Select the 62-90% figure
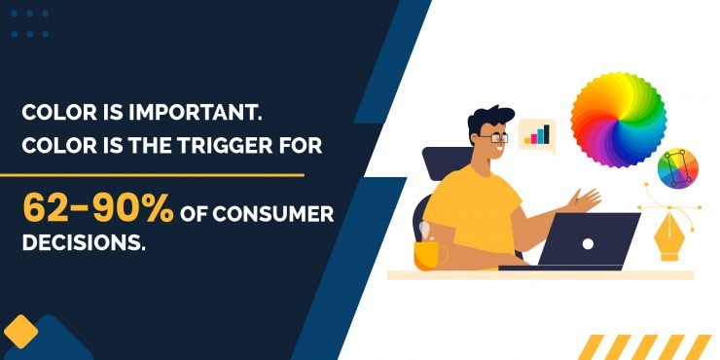[98, 208]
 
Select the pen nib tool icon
[668, 234]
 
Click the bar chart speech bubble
[536, 135]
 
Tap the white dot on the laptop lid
[587, 241]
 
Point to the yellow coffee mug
[429, 251]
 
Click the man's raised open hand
[587, 200]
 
